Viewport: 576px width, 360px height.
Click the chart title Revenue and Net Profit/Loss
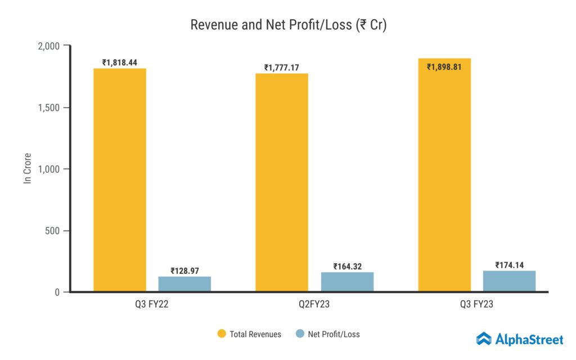tap(288, 25)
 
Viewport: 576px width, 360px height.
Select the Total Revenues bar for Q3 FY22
tap(120, 180)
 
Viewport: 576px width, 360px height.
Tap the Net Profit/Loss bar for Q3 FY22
tap(184, 284)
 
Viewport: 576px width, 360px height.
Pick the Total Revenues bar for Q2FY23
tap(282, 182)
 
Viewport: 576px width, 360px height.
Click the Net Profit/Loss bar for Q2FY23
tap(347, 282)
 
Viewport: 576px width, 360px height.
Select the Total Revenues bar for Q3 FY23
tap(444, 175)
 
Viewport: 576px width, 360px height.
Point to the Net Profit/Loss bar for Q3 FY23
tap(509, 281)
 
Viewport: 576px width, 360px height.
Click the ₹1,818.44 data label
tap(120, 63)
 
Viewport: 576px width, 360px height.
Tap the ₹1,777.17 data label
tap(282, 68)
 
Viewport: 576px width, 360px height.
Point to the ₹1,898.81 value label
tap(444, 67)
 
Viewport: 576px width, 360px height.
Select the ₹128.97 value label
tap(184, 271)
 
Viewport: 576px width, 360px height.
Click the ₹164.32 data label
tap(347, 267)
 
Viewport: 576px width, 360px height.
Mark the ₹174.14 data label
tap(509, 265)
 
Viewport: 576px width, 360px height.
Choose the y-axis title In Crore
tap(27, 168)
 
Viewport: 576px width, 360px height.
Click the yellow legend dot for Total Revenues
tap(222, 334)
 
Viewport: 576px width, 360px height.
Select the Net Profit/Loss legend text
tap(334, 334)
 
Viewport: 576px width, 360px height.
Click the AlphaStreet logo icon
tap(484, 339)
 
